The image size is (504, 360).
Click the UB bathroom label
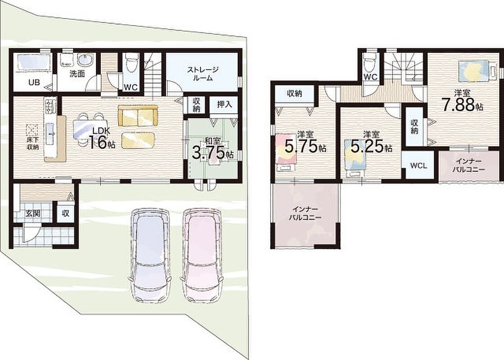pos(34,82)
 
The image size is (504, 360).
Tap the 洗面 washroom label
pos(77,74)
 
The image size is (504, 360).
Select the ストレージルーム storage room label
pos(203,74)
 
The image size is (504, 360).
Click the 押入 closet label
pos(225,104)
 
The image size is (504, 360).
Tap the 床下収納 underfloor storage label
pos(32,144)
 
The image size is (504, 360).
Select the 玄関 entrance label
pos(33,213)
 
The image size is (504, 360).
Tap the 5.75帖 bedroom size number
pos(306,146)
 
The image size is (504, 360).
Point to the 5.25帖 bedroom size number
pos(371,146)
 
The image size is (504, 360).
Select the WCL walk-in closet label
pos(418,166)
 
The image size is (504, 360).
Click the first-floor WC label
pos(130,87)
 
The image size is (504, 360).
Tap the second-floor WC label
pos(370,77)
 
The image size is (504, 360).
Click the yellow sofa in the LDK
pos(138,115)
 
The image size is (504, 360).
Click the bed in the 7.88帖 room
pos(475,71)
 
